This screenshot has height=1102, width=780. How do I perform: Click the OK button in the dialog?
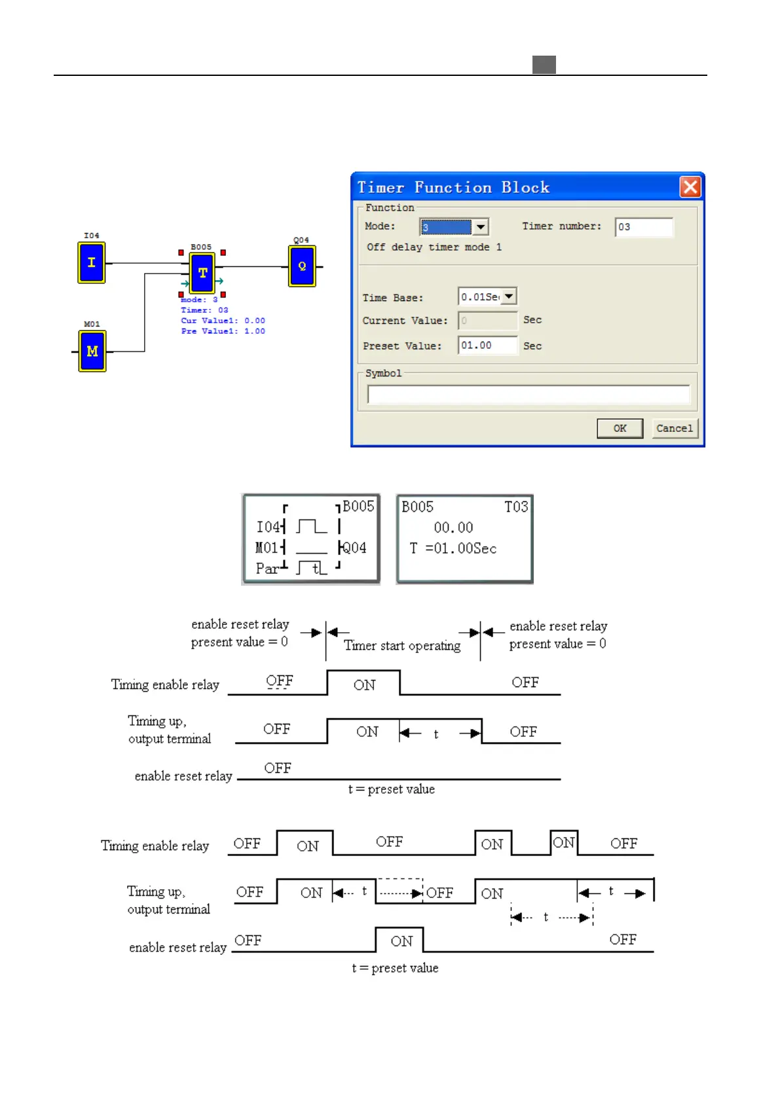[x=620, y=429]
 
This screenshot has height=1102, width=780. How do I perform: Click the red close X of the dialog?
[x=690, y=188]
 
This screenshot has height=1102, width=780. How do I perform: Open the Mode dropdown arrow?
[x=481, y=227]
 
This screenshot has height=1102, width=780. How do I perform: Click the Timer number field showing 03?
[x=644, y=227]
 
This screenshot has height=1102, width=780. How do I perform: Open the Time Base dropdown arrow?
[x=509, y=296]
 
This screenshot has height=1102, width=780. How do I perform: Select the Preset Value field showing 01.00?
[x=487, y=346]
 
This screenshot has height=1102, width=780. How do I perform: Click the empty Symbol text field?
[x=528, y=395]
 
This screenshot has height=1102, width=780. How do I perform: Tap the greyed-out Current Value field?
[x=487, y=321]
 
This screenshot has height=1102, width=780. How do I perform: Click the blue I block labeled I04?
[x=92, y=262]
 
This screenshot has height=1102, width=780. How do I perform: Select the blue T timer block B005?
[x=202, y=273]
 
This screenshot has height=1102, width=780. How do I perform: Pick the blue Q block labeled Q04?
[x=302, y=266]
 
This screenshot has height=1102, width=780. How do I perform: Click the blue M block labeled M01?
[x=92, y=351]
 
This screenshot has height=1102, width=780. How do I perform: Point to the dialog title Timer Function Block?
[x=453, y=188]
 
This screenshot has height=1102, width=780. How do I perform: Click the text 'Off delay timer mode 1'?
[x=434, y=247]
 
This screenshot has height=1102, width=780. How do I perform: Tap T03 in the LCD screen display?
[x=515, y=507]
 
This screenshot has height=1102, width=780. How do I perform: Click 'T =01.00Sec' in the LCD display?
[x=453, y=548]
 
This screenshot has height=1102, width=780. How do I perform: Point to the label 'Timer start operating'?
[x=402, y=646]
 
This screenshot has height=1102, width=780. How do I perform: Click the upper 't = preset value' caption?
[x=391, y=789]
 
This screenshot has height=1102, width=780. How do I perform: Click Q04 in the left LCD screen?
[x=354, y=548]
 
